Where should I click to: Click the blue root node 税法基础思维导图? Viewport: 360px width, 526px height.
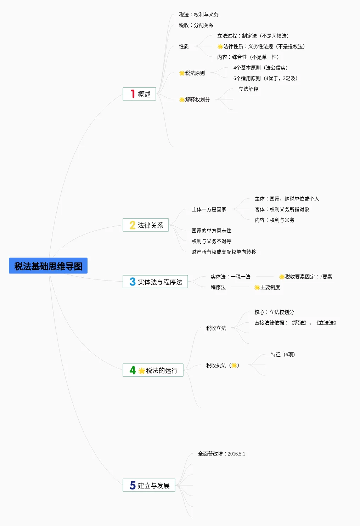click(x=48, y=266)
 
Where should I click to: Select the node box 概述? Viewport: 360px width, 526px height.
click(x=140, y=94)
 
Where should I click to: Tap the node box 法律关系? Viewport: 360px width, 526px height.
click(x=146, y=225)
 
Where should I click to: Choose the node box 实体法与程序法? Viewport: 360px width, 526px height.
click(x=155, y=282)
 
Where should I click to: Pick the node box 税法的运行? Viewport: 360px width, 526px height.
click(x=153, y=371)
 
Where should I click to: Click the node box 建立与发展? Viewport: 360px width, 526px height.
click(x=149, y=486)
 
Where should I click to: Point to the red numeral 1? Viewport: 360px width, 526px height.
click(x=133, y=94)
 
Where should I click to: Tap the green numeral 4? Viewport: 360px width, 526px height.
click(x=133, y=370)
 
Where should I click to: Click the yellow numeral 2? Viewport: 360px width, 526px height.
click(x=133, y=225)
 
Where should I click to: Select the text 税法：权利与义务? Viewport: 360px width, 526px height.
click(x=199, y=15)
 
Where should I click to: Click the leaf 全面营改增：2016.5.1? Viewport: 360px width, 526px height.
click(x=221, y=454)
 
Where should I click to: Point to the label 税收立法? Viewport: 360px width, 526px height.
click(x=216, y=328)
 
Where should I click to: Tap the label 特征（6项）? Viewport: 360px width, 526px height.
click(x=283, y=355)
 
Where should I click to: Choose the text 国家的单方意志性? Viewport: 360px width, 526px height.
click(x=212, y=231)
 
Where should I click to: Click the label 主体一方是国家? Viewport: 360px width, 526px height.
click(x=209, y=210)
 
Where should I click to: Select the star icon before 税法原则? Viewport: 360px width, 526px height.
click(x=182, y=73)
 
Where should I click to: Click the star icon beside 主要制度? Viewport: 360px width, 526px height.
click(x=257, y=288)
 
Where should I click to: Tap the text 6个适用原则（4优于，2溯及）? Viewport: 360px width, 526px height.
click(x=265, y=79)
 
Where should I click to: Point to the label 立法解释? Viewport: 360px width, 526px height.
click(x=248, y=89)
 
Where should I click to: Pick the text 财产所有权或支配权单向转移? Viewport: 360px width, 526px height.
click(x=224, y=252)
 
